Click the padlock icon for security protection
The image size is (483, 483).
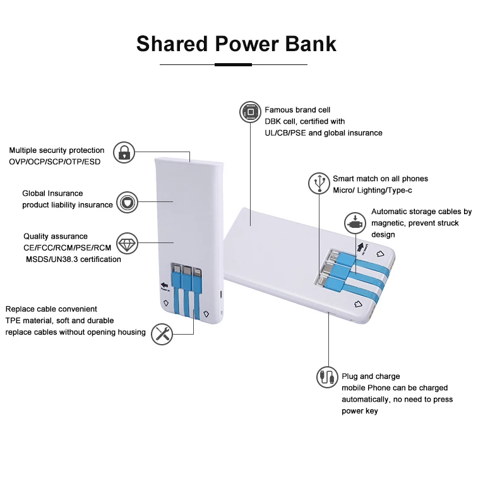pos(125,152)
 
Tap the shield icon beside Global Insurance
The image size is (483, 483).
pos(128,203)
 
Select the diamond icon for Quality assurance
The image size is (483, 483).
pos(128,243)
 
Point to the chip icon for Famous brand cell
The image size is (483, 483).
pos(250,114)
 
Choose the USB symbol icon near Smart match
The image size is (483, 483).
pos(319,183)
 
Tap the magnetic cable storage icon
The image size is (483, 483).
pos(355,223)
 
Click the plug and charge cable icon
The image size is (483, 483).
pos(326,377)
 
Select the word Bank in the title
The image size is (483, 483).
pos(310,44)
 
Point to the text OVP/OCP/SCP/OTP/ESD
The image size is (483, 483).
pos(54,162)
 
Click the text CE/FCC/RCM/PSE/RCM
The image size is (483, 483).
pos(68,247)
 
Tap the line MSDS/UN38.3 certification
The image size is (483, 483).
pos(73,259)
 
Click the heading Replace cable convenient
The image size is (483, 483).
pos(51,309)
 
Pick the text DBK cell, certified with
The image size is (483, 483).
pos(304,121)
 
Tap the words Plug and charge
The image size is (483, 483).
pos(371,376)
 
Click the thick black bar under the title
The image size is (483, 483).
pos(233,64)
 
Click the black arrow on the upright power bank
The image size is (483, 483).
pos(166,285)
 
